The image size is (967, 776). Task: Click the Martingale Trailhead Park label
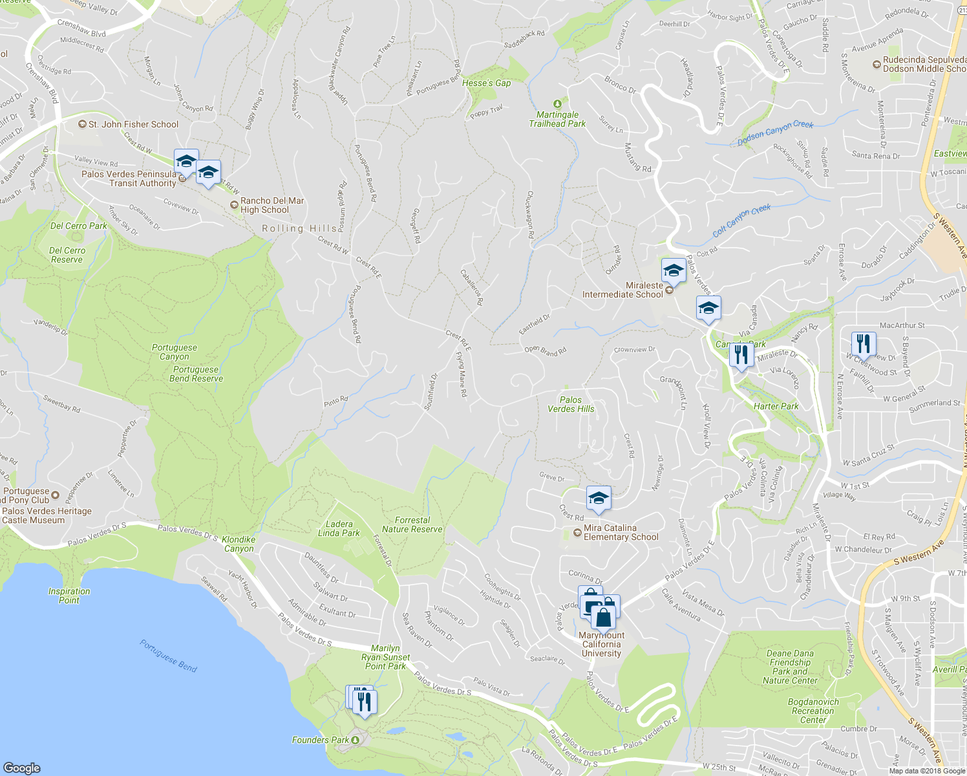click(x=557, y=119)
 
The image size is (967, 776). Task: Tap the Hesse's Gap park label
click(x=486, y=83)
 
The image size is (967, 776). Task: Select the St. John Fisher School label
click(x=133, y=124)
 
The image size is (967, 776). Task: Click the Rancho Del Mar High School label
click(x=271, y=205)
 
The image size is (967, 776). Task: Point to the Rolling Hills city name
click(x=299, y=228)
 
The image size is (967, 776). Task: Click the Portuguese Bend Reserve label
click(x=196, y=374)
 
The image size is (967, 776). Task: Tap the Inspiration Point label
click(x=69, y=596)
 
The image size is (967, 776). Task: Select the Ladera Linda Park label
click(x=339, y=529)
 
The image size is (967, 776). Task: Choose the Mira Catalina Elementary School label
click(x=620, y=532)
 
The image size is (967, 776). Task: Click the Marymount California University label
click(x=601, y=644)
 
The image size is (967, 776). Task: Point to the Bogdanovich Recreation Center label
click(x=813, y=711)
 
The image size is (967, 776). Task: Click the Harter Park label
click(x=776, y=406)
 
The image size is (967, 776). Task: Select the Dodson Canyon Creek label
click(x=775, y=133)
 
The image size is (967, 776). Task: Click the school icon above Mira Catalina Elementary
click(x=599, y=499)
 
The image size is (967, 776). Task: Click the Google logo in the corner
click(x=22, y=768)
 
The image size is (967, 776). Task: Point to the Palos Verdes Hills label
click(x=571, y=404)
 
